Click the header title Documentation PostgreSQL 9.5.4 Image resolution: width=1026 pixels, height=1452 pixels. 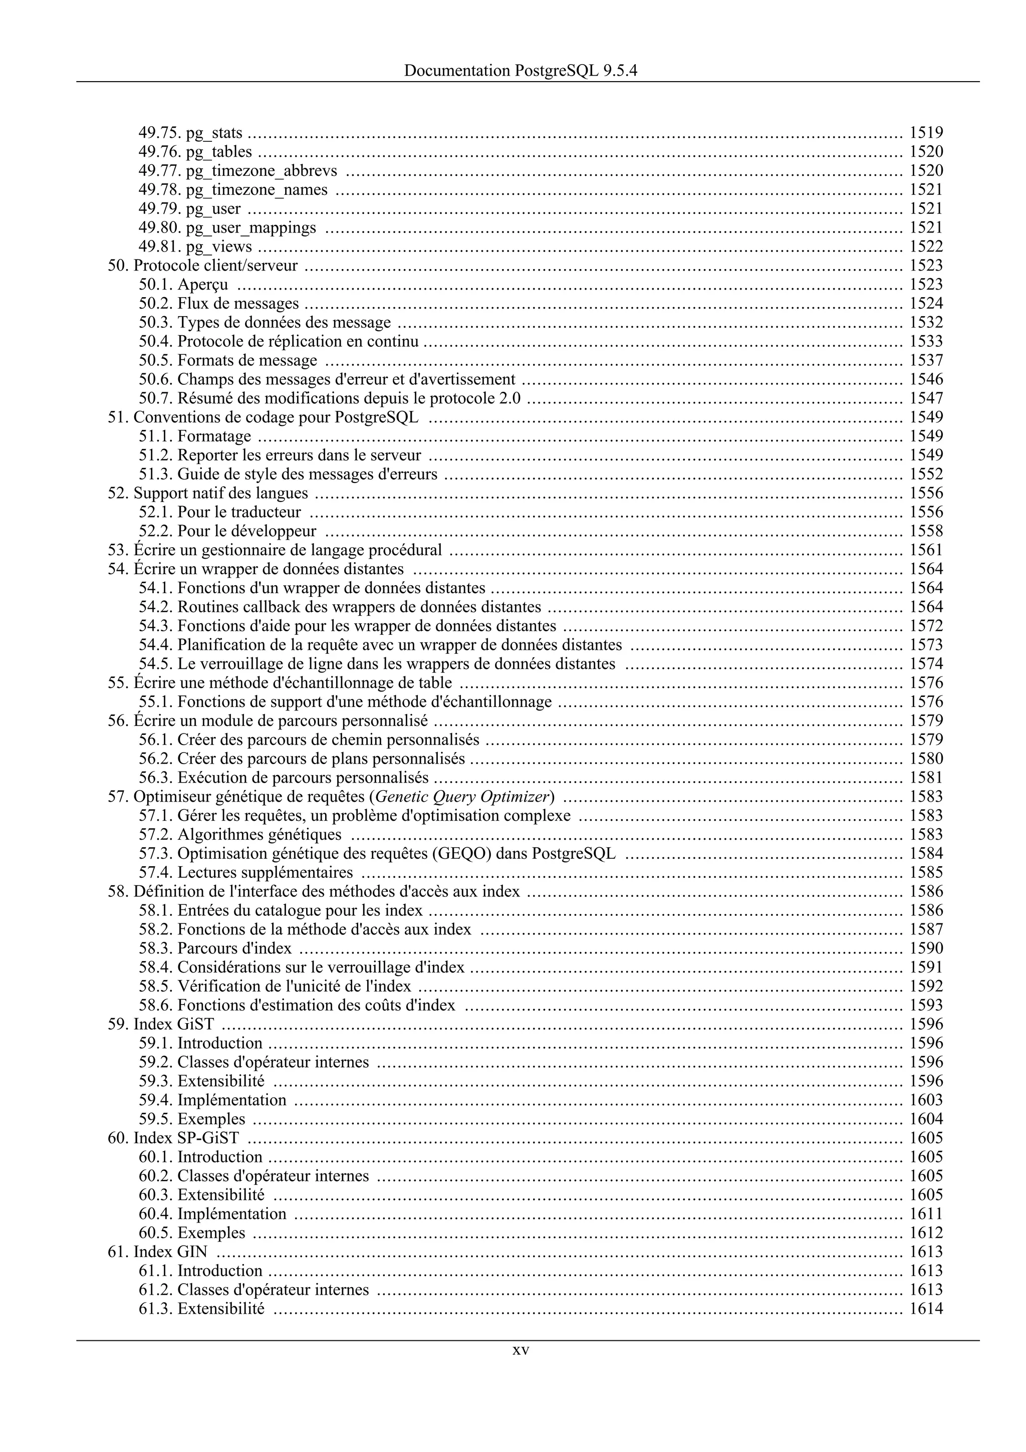[x=521, y=71]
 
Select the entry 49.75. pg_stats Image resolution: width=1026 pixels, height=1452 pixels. [x=190, y=133]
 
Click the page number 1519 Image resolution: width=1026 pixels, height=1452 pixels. [x=926, y=133]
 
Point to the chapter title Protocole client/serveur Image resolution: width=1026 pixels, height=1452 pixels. [x=215, y=266]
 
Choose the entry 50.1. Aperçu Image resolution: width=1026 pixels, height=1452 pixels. [x=183, y=285]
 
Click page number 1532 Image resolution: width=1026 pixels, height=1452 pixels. [x=926, y=323]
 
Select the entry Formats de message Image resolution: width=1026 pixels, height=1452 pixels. [x=246, y=360]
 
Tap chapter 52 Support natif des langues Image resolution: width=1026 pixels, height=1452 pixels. [x=208, y=494]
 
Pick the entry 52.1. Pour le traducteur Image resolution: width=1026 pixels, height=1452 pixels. [x=220, y=512]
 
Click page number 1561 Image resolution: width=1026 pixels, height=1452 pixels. [x=926, y=550]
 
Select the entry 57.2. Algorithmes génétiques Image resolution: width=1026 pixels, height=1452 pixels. [x=240, y=835]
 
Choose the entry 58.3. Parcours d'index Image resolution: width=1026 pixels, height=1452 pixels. [x=215, y=948]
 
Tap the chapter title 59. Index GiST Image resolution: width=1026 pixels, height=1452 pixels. [x=161, y=1025]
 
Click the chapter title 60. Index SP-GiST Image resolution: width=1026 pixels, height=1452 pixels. [x=173, y=1138]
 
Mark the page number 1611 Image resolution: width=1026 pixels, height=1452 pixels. [x=926, y=1214]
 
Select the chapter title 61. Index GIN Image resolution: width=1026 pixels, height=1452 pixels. [x=157, y=1252]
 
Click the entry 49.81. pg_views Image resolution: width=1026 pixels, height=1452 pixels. [x=195, y=247]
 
